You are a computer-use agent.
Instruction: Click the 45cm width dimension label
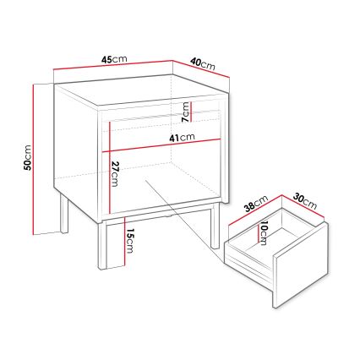113,58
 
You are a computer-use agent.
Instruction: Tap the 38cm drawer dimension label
256,204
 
